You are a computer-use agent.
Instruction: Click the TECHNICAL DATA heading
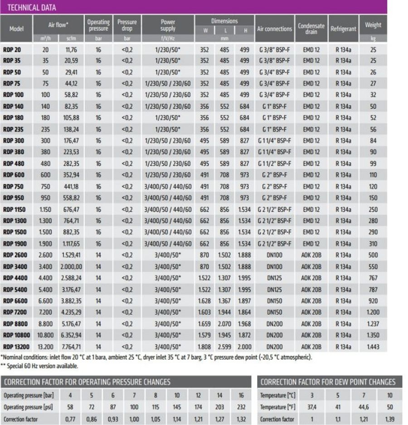pos(32,7)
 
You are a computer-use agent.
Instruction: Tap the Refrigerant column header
pos(343,29)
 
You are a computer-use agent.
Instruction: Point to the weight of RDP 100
pos(373,95)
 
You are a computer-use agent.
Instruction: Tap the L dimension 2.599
pos(225,346)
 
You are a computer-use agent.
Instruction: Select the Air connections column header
pos(274,29)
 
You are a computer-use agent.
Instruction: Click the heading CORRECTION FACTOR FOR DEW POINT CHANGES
pos(328,382)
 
